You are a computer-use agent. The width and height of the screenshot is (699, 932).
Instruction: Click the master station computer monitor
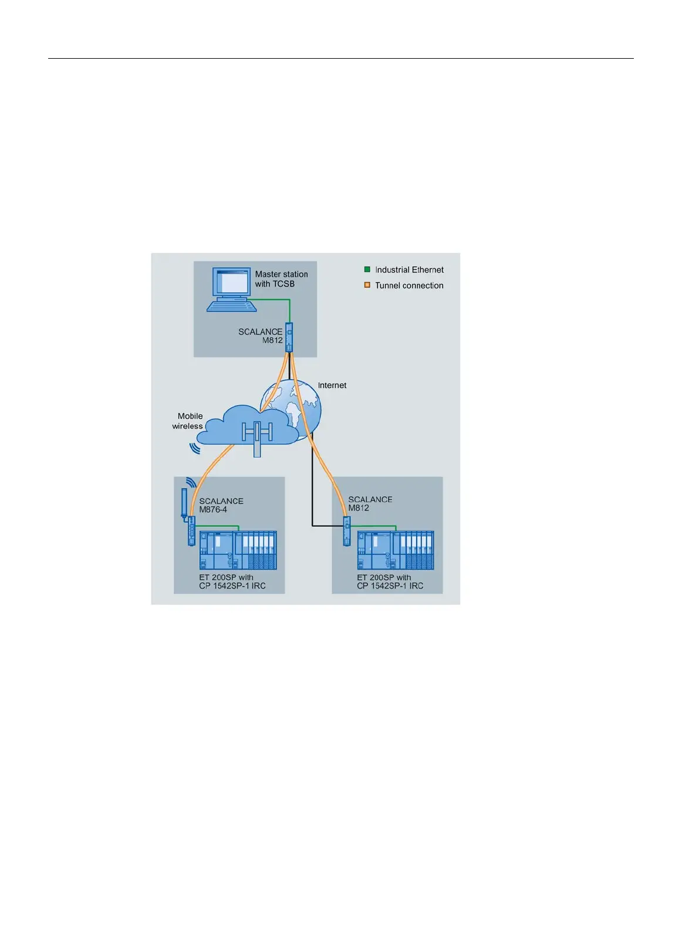[x=231, y=282]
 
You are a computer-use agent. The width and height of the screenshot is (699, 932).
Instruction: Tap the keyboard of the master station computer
[x=232, y=306]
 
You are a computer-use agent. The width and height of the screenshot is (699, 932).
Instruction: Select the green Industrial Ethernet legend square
[x=367, y=270]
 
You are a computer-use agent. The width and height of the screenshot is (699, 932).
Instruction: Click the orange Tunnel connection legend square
[x=367, y=285]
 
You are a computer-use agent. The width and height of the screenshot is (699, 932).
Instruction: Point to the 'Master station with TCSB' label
[x=281, y=279]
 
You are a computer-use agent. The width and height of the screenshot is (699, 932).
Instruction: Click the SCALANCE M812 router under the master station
[x=289, y=337]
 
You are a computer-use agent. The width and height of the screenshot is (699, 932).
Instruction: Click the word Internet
[x=332, y=385]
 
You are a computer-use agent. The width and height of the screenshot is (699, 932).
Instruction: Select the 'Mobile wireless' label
[x=187, y=420]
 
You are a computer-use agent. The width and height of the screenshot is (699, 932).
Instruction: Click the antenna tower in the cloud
[x=256, y=439]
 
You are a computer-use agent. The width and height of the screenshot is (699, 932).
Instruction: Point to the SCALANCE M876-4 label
[x=221, y=505]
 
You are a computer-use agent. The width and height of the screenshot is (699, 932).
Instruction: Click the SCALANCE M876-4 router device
[x=192, y=531]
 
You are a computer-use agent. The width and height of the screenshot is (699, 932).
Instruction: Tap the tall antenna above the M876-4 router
[x=184, y=503]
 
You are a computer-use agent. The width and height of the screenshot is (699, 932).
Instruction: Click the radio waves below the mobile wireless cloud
[x=195, y=448]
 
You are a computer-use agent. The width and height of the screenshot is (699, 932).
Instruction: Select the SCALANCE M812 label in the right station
[x=370, y=503]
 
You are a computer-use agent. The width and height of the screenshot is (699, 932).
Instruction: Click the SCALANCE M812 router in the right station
[x=347, y=531]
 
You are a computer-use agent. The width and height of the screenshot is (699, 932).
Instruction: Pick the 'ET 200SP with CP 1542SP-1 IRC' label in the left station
[x=232, y=582]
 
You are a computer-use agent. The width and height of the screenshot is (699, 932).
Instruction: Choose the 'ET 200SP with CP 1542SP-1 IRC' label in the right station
[x=390, y=582]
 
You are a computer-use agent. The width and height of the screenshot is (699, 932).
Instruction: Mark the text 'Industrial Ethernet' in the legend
[x=409, y=270]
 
